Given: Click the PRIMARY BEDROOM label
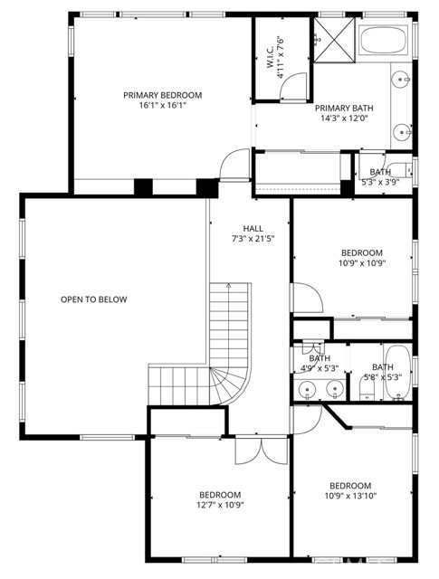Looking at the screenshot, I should pyautogui.click(x=163, y=95).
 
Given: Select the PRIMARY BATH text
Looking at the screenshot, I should pyautogui.click(x=345, y=109).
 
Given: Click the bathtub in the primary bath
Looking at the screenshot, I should pyautogui.click(x=386, y=42).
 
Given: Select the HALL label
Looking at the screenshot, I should pyautogui.click(x=253, y=228).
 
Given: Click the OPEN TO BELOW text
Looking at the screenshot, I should pyautogui.click(x=94, y=299).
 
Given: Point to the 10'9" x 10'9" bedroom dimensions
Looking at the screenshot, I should pyautogui.click(x=362, y=264).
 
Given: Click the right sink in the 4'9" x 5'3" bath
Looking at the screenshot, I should pyautogui.click(x=334, y=390).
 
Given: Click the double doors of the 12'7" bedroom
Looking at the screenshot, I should pyautogui.click(x=248, y=450).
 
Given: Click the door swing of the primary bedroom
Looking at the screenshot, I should pyautogui.click(x=234, y=164).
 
